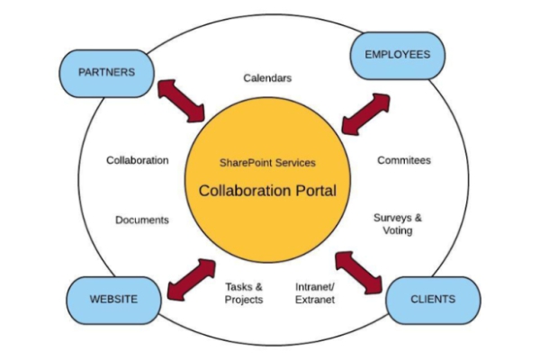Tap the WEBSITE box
tap(113, 299)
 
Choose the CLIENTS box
tap(432, 299)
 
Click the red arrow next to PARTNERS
tap(181, 100)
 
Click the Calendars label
tap(267, 78)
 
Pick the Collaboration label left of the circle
tap(137, 160)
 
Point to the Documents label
tap(142, 220)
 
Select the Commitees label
tap(403, 160)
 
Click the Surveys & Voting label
tap(397, 224)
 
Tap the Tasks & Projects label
tap(243, 292)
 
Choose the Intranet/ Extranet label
tap(315, 292)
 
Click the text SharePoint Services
tap(267, 163)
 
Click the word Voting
tap(397, 231)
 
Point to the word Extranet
tap(315, 300)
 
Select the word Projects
tap(243, 300)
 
